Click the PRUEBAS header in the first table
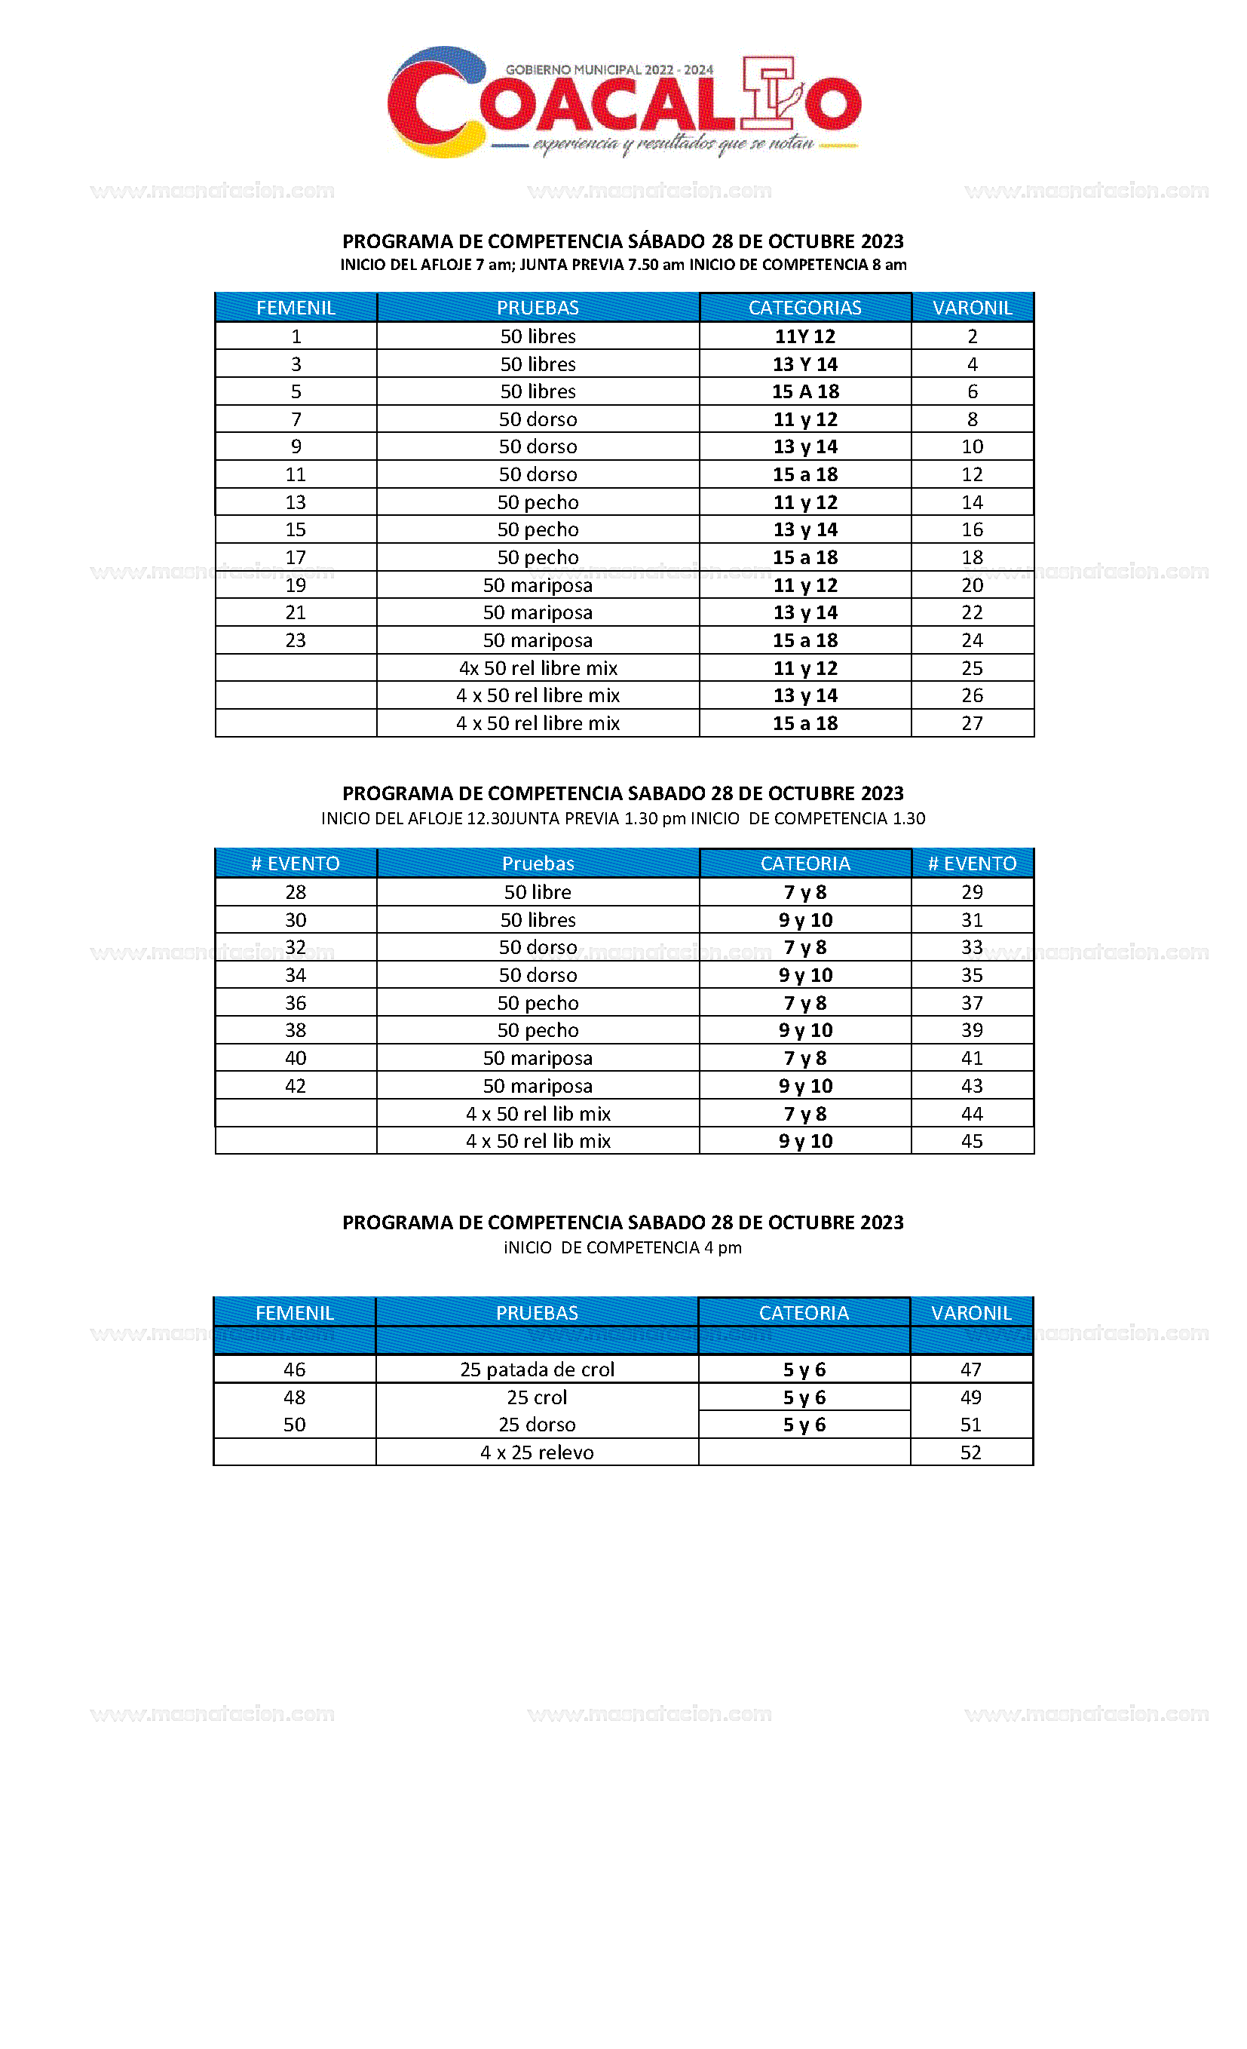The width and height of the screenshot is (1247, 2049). [537, 308]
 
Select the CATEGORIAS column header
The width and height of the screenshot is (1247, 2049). [804, 308]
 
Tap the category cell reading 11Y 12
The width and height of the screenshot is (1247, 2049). [804, 336]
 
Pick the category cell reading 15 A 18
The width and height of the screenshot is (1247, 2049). [804, 391]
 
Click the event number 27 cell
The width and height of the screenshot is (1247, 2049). [972, 723]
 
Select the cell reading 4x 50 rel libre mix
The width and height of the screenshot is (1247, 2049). [537, 667]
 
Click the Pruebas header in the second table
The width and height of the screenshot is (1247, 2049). [537, 863]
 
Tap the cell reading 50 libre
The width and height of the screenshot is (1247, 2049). [537, 892]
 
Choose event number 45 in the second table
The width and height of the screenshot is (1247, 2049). [972, 1141]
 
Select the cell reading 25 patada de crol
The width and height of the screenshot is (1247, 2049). [536, 1370]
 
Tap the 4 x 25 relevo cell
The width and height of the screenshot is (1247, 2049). [536, 1452]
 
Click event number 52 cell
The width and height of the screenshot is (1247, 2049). [970, 1452]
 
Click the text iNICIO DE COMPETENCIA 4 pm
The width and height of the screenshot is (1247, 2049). [622, 1247]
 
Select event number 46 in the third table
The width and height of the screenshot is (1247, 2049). [294, 1370]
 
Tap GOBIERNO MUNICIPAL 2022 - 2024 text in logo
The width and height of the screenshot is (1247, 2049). [608, 70]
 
